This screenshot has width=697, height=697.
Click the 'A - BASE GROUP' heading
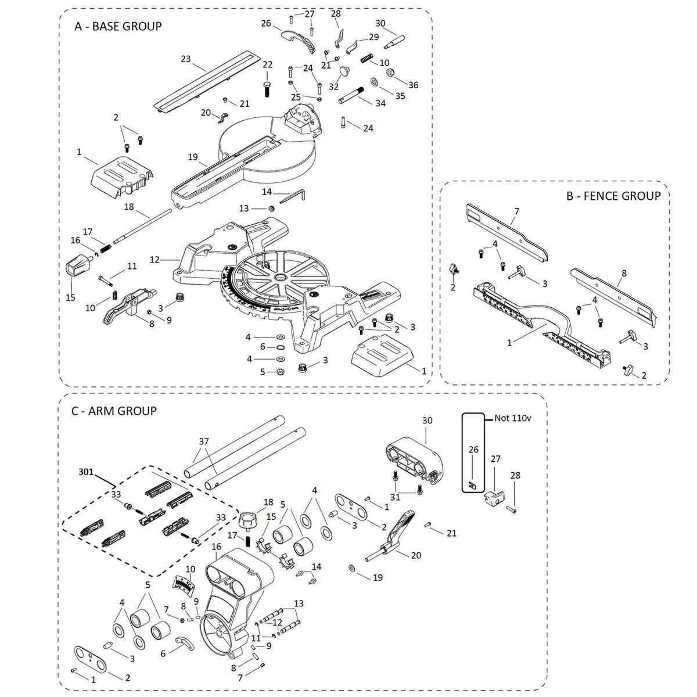pyautogui.click(x=118, y=26)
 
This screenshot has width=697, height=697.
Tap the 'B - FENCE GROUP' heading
pyautogui.click(x=613, y=196)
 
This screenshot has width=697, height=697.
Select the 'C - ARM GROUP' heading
pyautogui.click(x=114, y=411)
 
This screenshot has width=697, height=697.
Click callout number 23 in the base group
pyautogui.click(x=186, y=59)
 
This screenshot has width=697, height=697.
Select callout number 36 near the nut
pyautogui.click(x=413, y=85)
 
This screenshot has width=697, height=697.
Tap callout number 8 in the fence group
pyautogui.click(x=624, y=272)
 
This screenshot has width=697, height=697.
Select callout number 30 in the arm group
pyautogui.click(x=427, y=420)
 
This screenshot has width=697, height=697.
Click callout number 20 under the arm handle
pyautogui.click(x=416, y=555)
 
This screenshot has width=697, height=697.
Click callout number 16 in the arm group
pyautogui.click(x=217, y=547)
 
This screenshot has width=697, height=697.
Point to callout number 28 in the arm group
pyautogui.click(x=516, y=475)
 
